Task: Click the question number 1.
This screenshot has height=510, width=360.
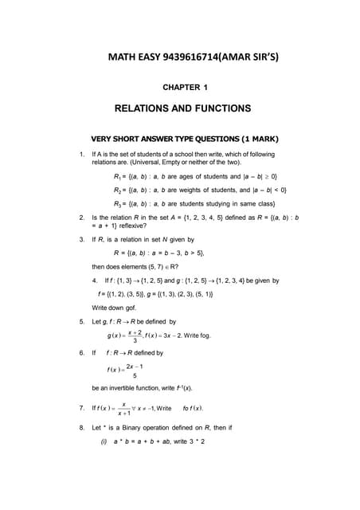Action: tap(82, 154)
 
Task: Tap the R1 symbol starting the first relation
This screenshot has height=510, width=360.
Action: tap(118, 175)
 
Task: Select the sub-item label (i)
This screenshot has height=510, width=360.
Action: tap(104, 441)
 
